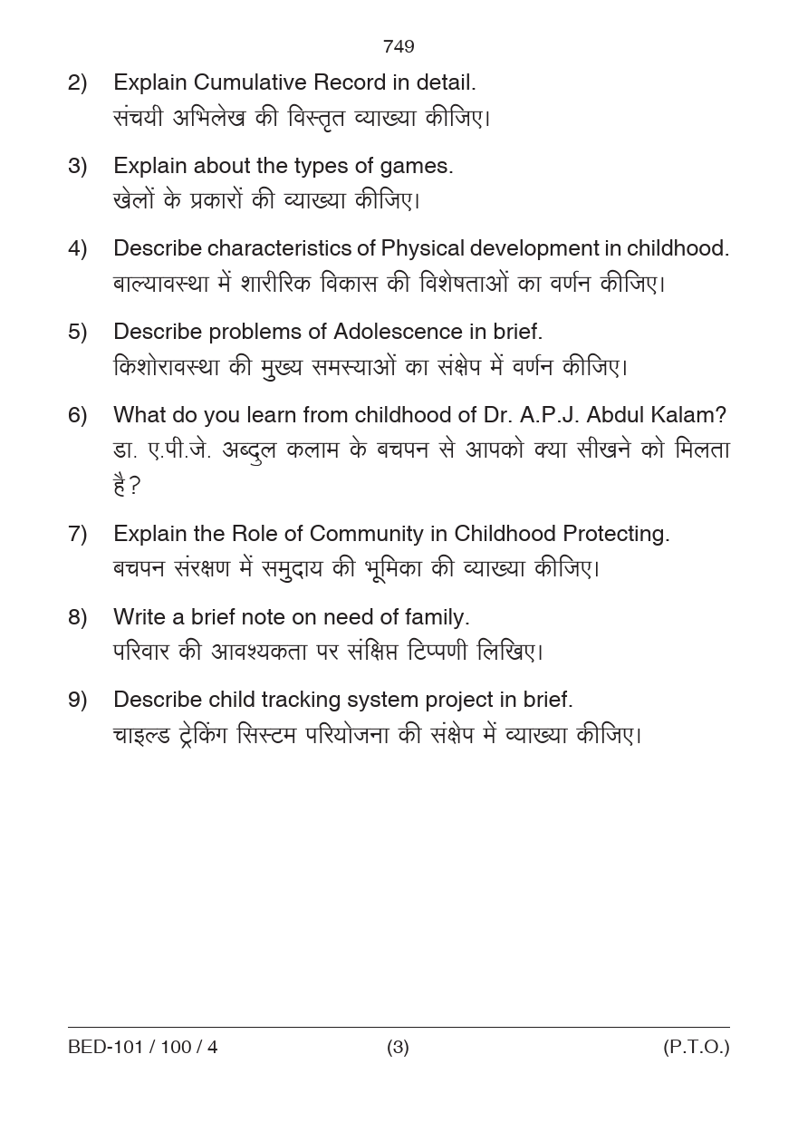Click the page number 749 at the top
coord(399,46)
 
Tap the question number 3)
coord(78,166)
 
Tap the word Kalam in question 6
coord(689,415)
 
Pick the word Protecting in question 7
coord(616,534)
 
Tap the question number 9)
coord(78,700)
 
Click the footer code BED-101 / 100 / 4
coord(143,1048)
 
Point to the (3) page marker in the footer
coord(398,1048)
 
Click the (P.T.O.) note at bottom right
coord(696,1048)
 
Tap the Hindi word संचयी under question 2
coord(137,119)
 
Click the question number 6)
coord(78,415)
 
